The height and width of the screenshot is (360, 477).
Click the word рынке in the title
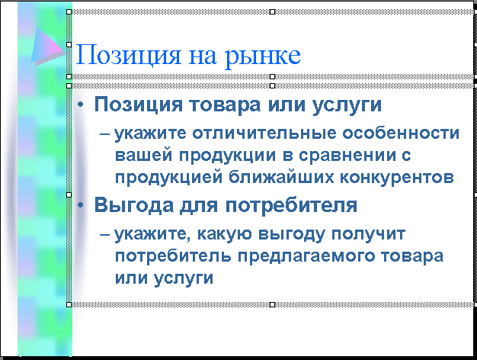(x=263, y=57)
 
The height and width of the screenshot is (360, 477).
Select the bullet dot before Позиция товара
(x=80, y=104)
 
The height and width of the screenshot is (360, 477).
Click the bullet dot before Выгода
(x=80, y=205)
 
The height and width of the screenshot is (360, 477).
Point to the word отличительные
(x=264, y=133)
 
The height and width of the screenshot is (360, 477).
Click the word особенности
(x=401, y=133)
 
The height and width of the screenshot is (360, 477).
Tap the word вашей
(x=143, y=155)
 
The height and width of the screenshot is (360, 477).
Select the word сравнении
(x=347, y=156)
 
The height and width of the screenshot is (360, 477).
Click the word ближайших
(x=281, y=176)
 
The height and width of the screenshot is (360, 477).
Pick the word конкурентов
(x=397, y=177)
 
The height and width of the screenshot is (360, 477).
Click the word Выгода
(x=134, y=206)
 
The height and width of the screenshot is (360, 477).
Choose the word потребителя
(x=291, y=206)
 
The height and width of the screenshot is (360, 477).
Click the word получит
(x=368, y=234)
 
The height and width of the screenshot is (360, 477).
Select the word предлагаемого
(x=306, y=256)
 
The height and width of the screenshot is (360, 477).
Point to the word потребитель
(x=173, y=256)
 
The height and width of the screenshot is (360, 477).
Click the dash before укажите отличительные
(x=105, y=133)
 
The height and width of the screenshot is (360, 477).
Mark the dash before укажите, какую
(x=105, y=234)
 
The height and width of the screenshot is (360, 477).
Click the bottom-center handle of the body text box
(x=273, y=304)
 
